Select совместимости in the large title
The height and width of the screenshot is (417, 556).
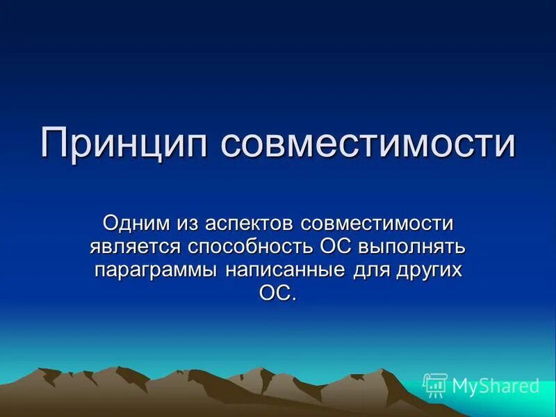(x=369, y=143)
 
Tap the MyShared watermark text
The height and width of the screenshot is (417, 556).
(x=496, y=386)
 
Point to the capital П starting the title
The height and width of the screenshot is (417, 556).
(x=55, y=143)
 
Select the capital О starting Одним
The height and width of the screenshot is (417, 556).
(x=111, y=224)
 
